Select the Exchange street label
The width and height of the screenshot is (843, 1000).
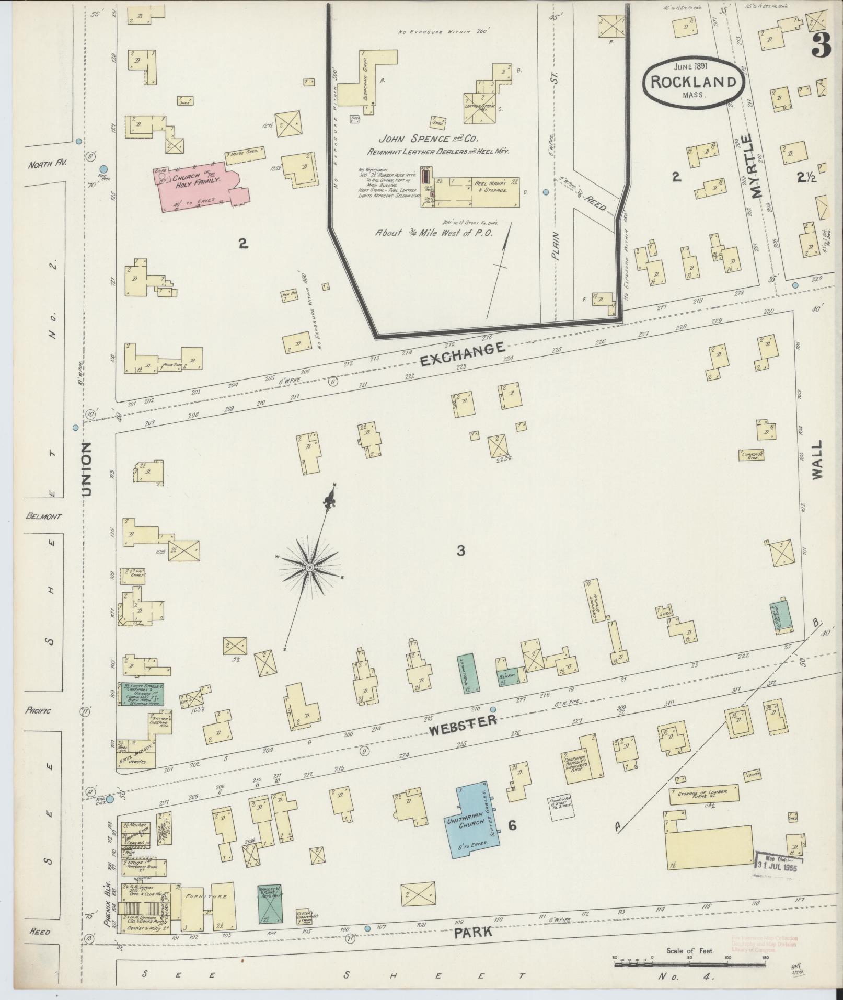463,354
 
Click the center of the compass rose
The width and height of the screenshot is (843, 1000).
309,567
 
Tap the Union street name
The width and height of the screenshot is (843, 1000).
86,468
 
